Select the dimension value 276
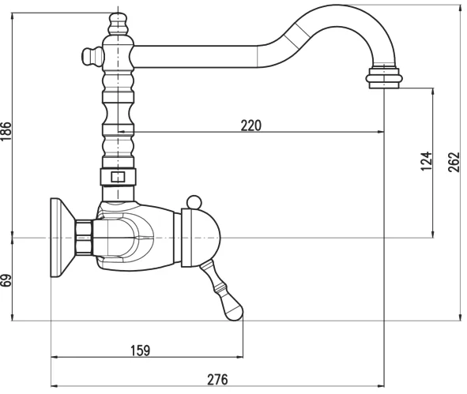coord(217,379)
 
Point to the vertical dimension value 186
coord(7,131)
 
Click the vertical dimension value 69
coord(7,279)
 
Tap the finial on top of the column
coord(116,19)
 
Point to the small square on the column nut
coord(117,177)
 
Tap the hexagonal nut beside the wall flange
coord(84,237)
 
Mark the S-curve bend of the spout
coord(277,39)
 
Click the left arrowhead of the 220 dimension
coord(121,132)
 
